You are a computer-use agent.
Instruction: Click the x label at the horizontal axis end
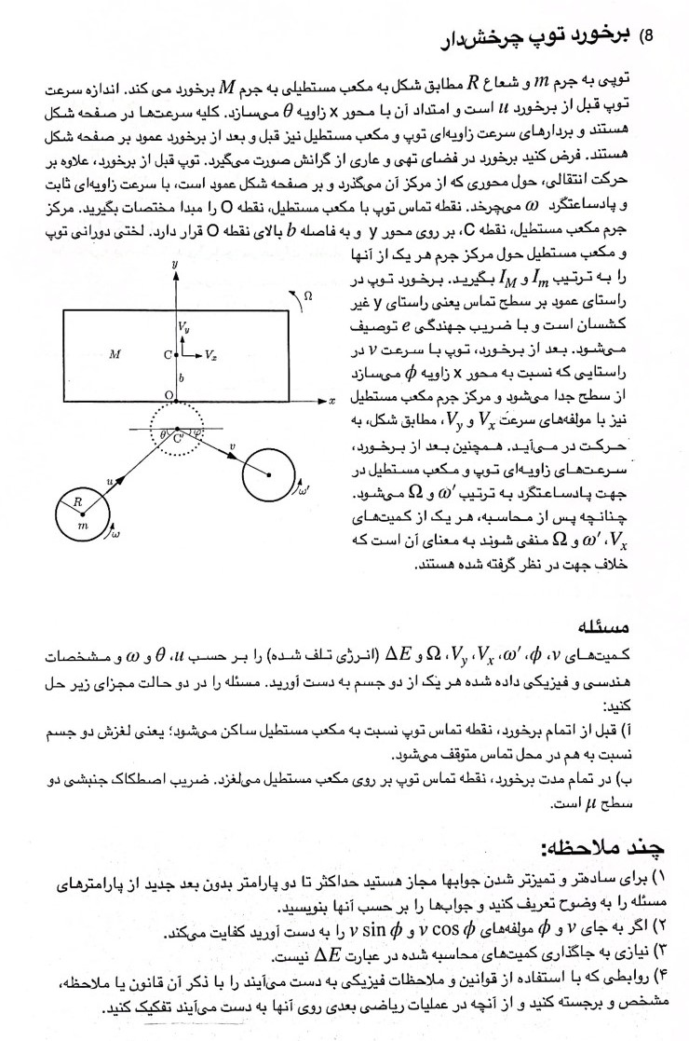pos(331,400)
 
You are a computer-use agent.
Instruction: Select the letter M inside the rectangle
pos(115,354)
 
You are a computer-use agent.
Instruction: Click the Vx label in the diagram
pos(211,355)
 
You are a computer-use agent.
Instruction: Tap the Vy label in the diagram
pos(184,326)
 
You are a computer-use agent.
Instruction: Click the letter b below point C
pos(182,377)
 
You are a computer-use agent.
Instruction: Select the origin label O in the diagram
pos(168,395)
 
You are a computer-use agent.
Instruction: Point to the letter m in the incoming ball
pos(81,527)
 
